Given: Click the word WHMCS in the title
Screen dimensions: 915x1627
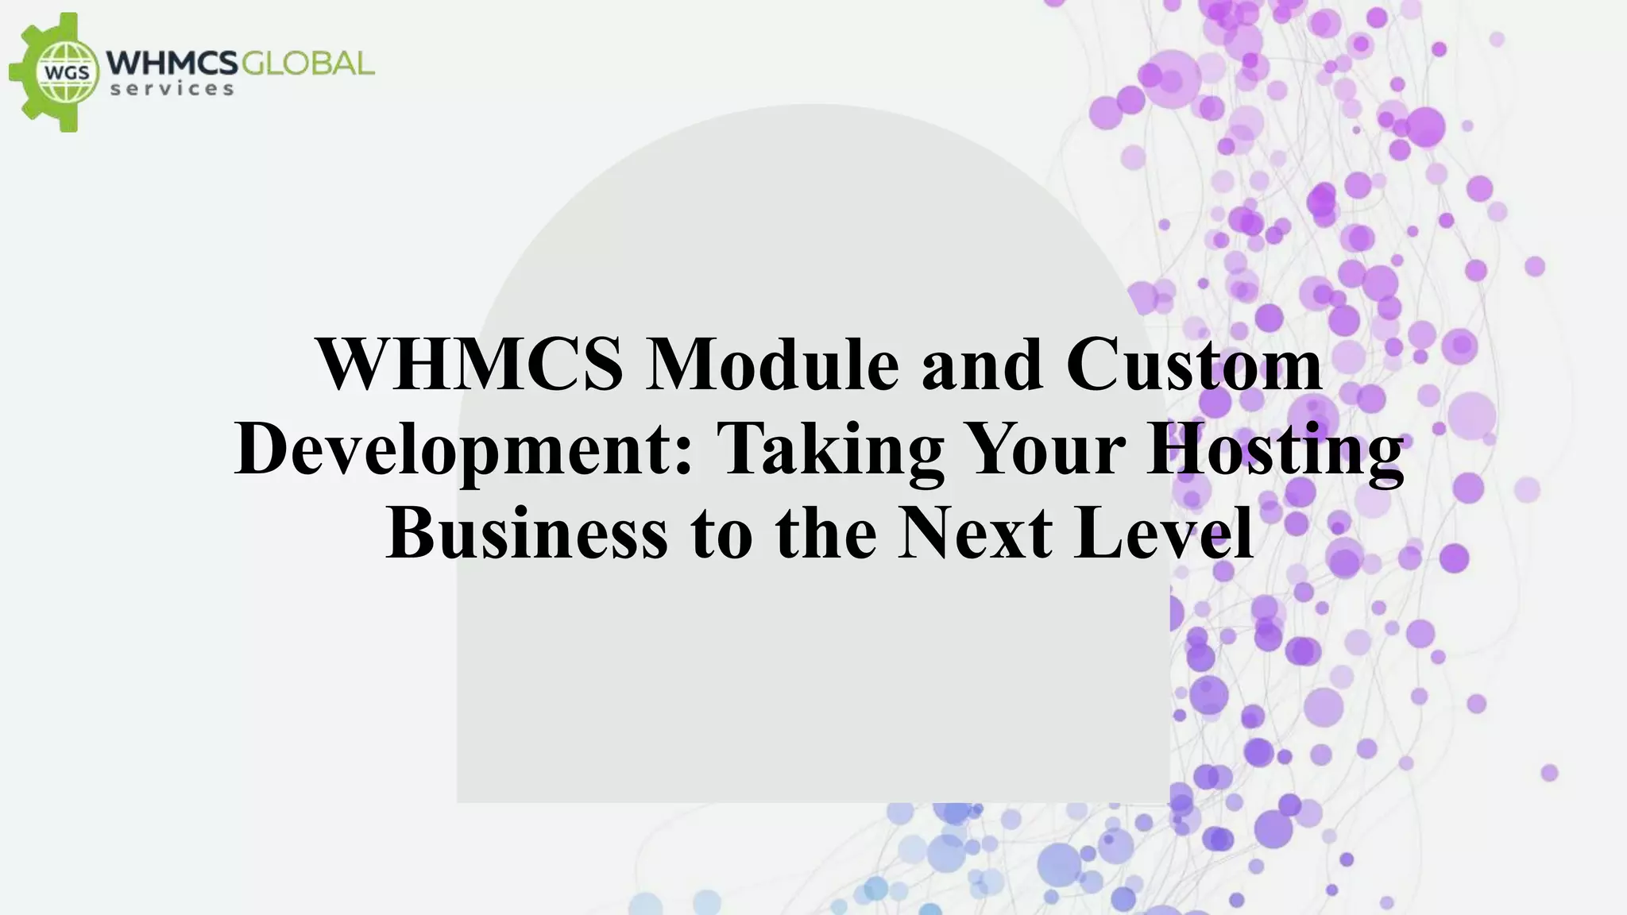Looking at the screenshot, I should pyautogui.click(x=470, y=364).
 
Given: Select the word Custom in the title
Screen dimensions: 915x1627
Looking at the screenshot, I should pyautogui.click(x=1194, y=364).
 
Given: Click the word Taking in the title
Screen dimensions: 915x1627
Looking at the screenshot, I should pyautogui.click(x=832, y=450).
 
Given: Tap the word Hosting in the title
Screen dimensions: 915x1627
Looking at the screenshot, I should pyautogui.click(x=1275, y=450).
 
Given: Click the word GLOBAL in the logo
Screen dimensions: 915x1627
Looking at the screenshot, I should pyautogui.click(x=307, y=63).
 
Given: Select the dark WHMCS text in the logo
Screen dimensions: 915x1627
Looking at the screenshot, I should pyautogui.click(x=172, y=63).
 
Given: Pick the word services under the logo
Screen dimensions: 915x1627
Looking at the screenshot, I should pyautogui.click(x=172, y=89).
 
